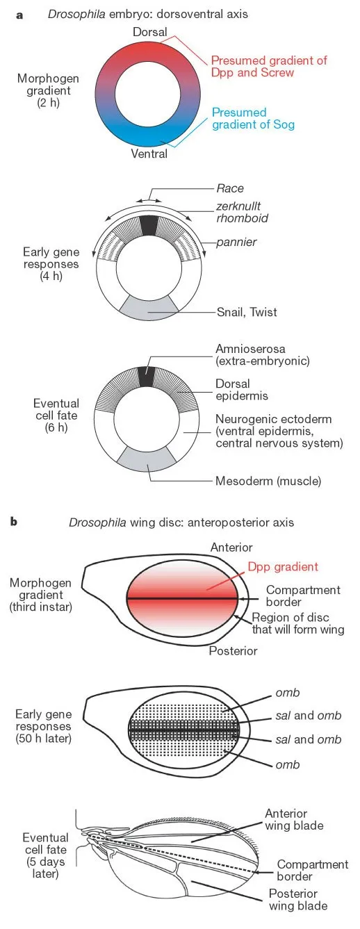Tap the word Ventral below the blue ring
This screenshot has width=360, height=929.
click(x=149, y=154)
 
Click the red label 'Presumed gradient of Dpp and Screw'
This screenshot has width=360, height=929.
click(x=268, y=67)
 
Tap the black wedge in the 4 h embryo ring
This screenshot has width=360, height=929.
click(x=149, y=226)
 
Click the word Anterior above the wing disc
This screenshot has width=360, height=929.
click(x=231, y=547)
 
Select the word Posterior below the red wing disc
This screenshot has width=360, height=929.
click(x=233, y=651)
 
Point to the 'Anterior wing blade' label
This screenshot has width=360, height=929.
click(x=285, y=819)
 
